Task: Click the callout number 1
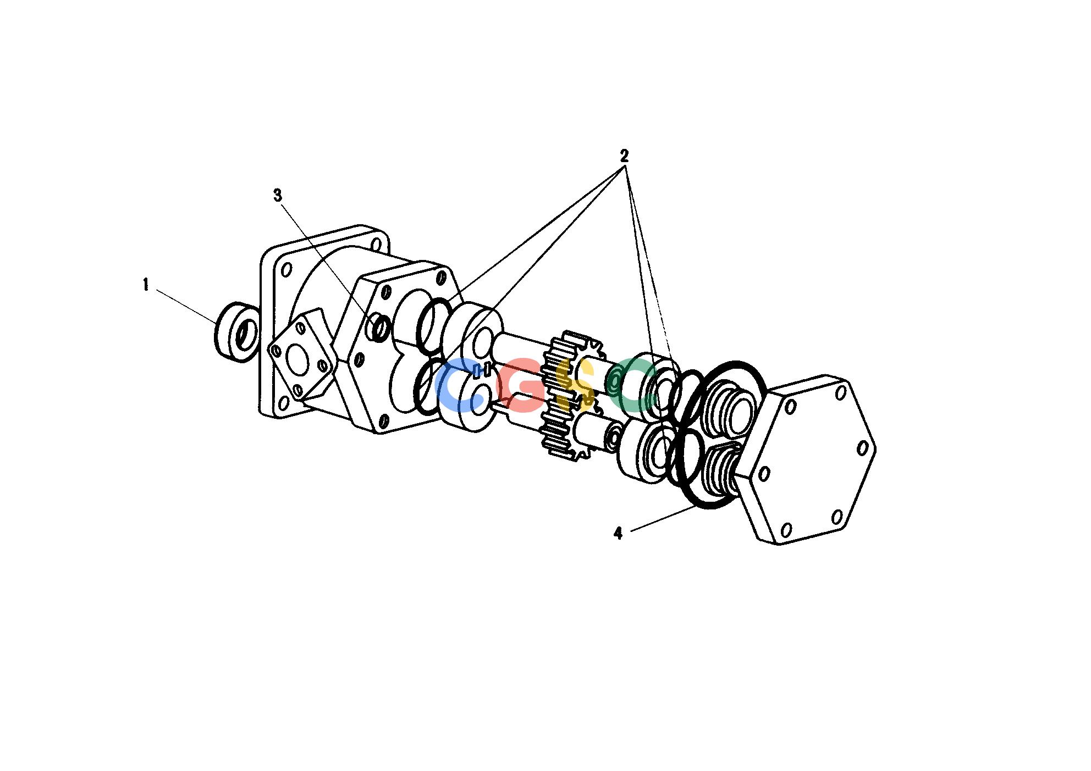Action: click(146, 285)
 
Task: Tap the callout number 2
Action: click(624, 156)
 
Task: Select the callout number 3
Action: click(278, 195)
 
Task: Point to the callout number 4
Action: click(618, 533)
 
